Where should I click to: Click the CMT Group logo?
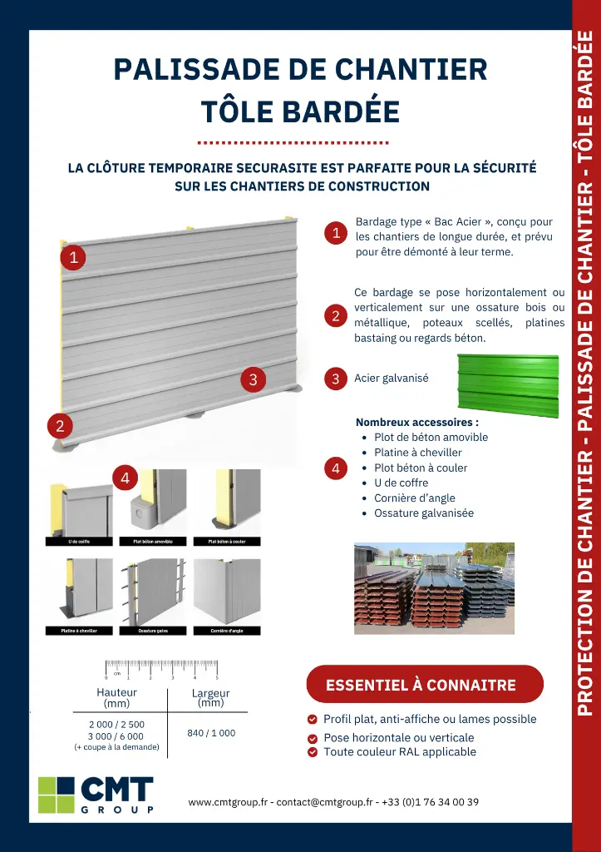coord(96,794)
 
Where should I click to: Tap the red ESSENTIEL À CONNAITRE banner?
coord(424,685)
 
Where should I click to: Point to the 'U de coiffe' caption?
coord(79,542)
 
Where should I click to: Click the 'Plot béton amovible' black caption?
coord(153,542)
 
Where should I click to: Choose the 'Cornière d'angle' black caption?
coord(226,631)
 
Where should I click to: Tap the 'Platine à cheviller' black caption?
coord(79,631)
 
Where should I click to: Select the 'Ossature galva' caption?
coord(153,631)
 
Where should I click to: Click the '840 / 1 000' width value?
coord(211,733)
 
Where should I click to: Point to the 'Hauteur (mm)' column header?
coord(117,697)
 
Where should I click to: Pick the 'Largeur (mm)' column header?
coord(211,697)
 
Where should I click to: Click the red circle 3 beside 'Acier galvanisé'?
coord(336,379)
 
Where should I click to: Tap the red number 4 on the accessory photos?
coord(125,478)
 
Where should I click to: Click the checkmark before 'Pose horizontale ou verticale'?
coord(313,738)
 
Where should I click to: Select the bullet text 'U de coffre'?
coord(401,483)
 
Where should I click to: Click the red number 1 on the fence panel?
coord(73,258)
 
